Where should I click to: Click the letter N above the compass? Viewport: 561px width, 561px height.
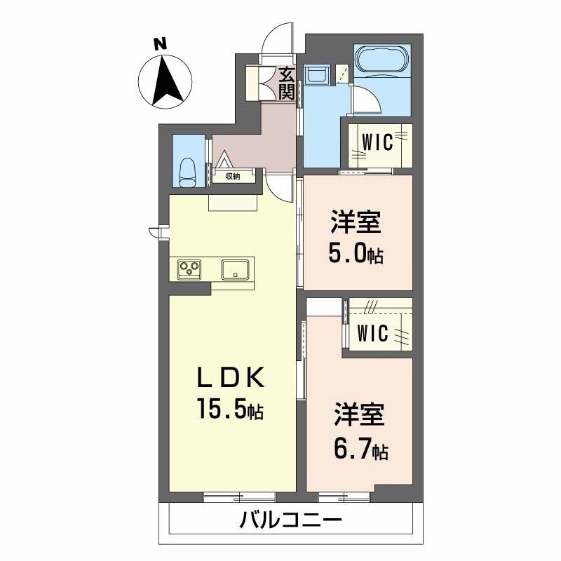161,44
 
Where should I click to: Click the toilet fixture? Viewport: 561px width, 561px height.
187,173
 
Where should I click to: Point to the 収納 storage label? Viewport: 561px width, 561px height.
233,176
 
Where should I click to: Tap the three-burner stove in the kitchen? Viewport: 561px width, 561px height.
189,269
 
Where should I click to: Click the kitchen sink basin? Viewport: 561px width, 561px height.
235,269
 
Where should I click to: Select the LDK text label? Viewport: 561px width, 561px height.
231,378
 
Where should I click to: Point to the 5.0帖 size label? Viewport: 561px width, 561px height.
356,254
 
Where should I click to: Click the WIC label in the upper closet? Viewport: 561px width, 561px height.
377,142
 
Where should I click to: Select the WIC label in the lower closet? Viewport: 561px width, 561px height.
372,332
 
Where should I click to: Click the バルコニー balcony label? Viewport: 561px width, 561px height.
290,520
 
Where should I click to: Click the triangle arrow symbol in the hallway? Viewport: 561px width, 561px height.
224,159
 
